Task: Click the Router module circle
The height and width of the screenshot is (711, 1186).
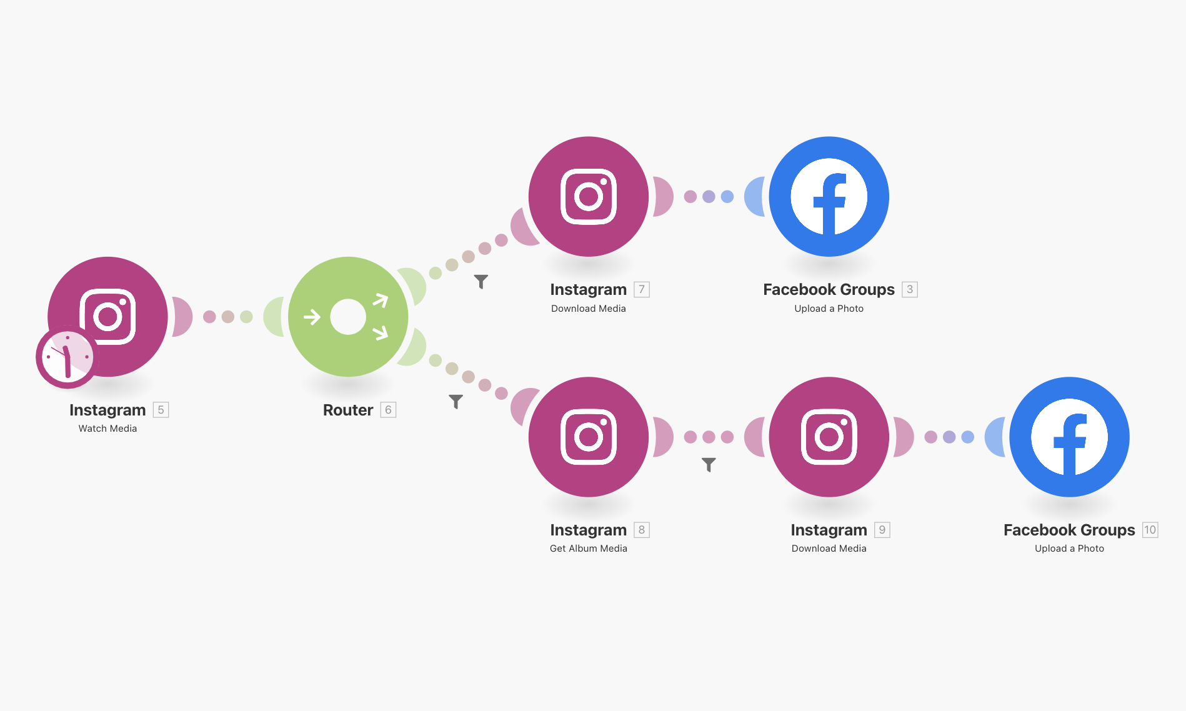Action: (348, 317)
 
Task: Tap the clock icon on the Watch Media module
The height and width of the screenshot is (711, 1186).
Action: (67, 357)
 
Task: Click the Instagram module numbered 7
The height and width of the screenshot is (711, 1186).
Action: (588, 196)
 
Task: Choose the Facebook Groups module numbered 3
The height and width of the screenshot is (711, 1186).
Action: (829, 196)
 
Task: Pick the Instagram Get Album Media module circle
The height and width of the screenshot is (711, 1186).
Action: (588, 437)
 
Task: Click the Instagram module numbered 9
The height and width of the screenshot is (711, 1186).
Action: (829, 437)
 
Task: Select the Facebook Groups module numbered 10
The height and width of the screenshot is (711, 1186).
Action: (1069, 437)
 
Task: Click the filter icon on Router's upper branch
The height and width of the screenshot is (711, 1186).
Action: (481, 282)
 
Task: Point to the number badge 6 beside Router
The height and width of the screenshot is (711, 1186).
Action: (388, 410)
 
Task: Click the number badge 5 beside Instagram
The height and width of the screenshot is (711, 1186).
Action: (161, 410)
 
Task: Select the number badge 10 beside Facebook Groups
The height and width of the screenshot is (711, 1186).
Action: (1150, 530)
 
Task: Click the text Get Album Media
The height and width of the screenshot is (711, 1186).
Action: (588, 549)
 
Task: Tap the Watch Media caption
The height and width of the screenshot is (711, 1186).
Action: (107, 429)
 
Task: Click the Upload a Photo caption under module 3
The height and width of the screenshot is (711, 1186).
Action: (829, 309)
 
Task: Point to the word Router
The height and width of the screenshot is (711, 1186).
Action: (347, 410)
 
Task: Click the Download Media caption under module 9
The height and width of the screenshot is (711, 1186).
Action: (829, 549)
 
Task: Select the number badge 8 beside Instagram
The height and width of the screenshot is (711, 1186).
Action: (642, 530)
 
